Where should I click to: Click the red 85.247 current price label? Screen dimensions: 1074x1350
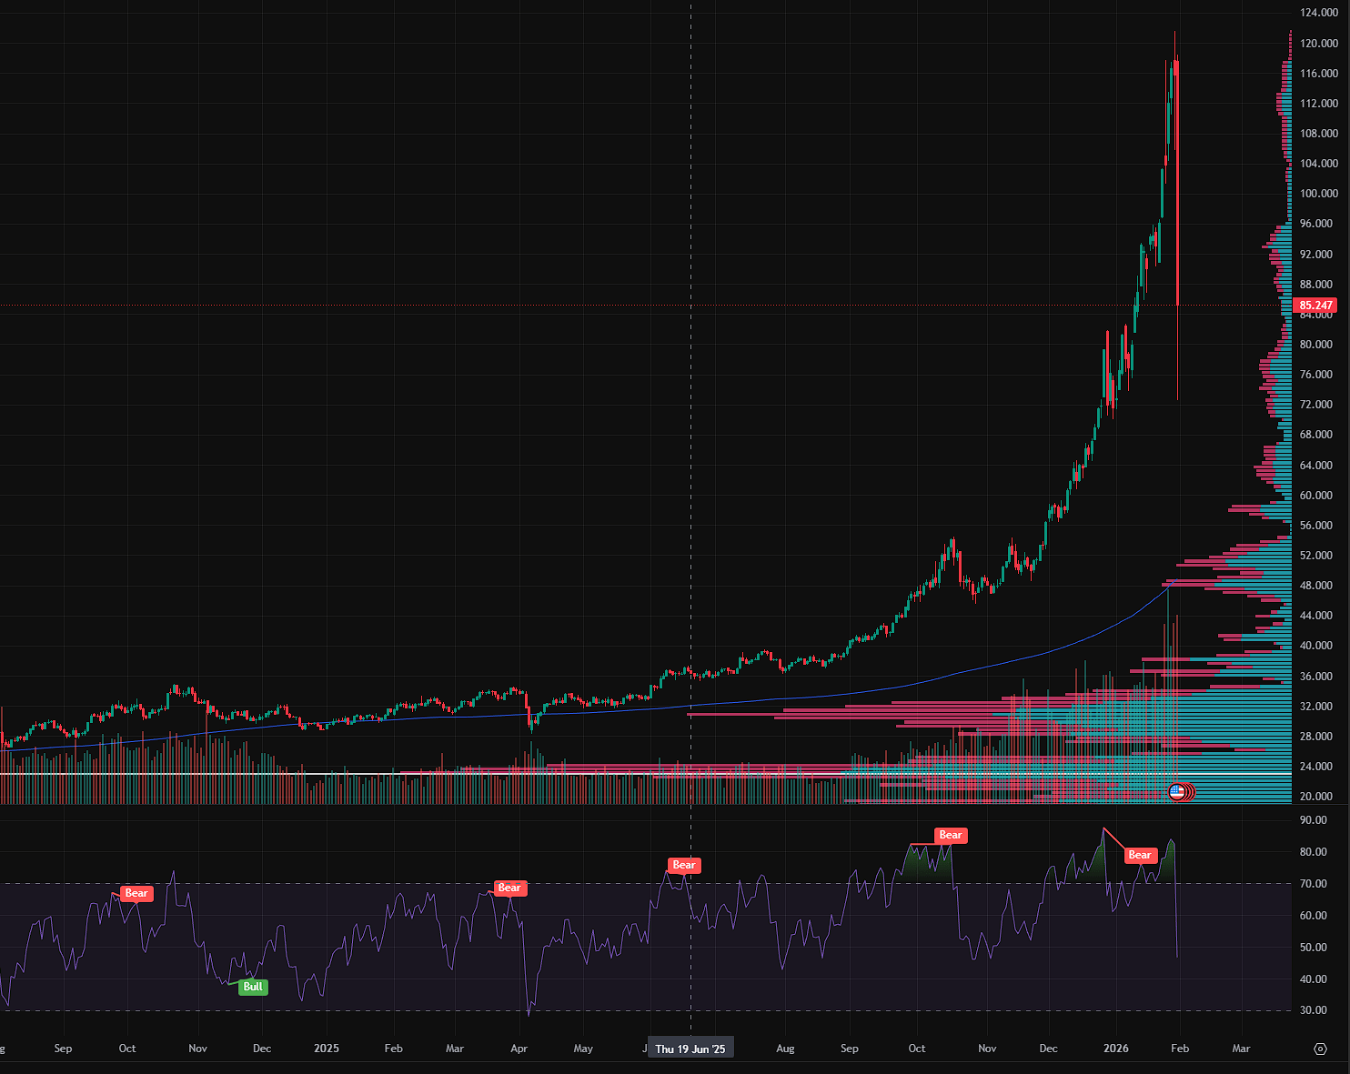[1315, 306]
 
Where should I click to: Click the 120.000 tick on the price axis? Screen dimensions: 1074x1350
[1319, 43]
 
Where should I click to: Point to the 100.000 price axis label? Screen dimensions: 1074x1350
[1319, 193]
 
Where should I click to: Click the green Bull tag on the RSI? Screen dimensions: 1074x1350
[253, 987]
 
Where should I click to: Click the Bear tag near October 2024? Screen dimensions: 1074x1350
[136, 893]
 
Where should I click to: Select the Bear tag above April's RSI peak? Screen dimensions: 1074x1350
[509, 888]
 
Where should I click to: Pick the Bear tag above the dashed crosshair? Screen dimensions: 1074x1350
[684, 865]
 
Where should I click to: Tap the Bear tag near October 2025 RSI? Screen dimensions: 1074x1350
[950, 835]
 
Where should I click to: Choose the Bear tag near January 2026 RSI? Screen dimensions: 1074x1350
[1140, 855]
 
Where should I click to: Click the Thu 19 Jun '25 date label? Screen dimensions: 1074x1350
[690, 1049]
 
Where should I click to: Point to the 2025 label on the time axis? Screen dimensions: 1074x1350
[327, 1049]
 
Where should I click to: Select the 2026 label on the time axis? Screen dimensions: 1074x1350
[1116, 1049]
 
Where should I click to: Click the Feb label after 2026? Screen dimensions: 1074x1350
[1180, 1049]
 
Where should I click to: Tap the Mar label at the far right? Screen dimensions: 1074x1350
[1241, 1049]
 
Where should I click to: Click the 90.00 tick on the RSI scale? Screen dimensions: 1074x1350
[1313, 820]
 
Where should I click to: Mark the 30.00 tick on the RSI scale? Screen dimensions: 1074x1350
[1313, 1010]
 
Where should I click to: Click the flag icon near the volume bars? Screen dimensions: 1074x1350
[1177, 791]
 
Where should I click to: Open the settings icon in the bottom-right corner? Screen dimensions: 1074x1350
[1321, 1049]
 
